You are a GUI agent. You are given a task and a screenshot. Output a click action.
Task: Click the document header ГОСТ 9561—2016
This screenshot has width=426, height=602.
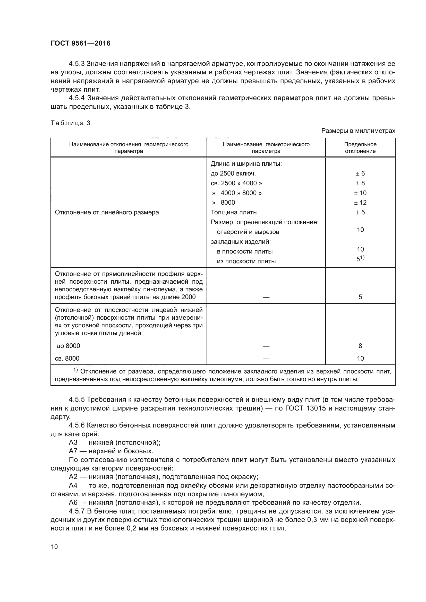click(x=81, y=43)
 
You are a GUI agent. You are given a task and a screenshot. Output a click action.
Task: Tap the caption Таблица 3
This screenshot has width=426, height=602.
click(x=70, y=123)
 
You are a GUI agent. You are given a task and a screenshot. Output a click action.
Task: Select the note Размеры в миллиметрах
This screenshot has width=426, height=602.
click(x=358, y=131)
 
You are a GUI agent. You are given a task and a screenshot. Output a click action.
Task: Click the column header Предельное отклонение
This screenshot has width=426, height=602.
click(x=360, y=148)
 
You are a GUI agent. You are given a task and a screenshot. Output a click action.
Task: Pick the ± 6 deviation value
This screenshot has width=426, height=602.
click(x=360, y=173)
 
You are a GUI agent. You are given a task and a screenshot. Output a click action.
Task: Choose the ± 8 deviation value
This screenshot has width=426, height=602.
click(x=360, y=183)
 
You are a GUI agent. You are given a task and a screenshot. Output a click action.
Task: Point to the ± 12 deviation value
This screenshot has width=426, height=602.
click(x=360, y=202)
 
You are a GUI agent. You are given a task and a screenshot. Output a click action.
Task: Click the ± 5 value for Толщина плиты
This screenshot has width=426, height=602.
click(x=360, y=212)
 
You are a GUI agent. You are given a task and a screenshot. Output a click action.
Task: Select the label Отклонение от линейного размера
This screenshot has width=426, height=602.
click(x=107, y=212)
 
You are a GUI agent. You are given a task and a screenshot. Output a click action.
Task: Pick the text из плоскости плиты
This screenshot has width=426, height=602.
click(x=246, y=261)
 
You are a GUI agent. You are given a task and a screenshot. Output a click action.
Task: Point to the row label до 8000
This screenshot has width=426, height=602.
click(x=68, y=346)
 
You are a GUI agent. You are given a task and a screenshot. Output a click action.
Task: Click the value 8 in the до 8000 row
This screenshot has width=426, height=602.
click(x=360, y=346)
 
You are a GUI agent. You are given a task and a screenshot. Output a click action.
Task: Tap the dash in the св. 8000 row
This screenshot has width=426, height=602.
click(x=266, y=359)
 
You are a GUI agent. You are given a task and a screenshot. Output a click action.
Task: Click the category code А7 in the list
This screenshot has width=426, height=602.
click(x=73, y=451)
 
